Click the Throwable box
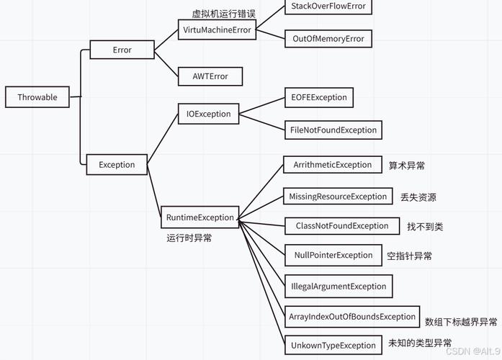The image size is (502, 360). (37, 97)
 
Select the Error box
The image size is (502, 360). (122, 50)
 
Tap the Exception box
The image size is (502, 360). (117, 164)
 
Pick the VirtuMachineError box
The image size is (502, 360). (217, 30)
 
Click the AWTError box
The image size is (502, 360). (210, 76)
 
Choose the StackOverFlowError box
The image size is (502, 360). (328, 6)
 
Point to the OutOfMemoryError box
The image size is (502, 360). (328, 39)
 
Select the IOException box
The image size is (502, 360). (209, 114)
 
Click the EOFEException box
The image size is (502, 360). (319, 97)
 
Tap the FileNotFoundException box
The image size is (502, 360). (333, 130)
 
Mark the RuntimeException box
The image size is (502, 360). (200, 217)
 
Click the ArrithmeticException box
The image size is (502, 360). (332, 165)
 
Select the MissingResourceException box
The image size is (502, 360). (338, 196)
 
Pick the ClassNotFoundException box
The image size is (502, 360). (342, 225)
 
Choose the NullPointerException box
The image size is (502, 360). (333, 255)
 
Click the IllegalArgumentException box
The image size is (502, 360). (339, 286)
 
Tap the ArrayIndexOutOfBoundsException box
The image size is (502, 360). (352, 316)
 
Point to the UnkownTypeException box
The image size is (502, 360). (333, 345)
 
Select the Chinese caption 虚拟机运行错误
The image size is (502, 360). (224, 14)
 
